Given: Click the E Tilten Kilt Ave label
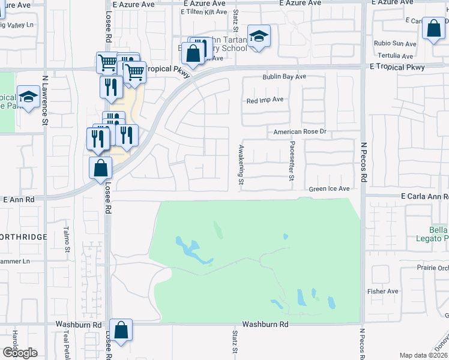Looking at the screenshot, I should [x=204, y=12].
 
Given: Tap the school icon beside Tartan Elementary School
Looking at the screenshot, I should [x=259, y=37].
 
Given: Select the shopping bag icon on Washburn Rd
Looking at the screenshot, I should [x=121, y=331].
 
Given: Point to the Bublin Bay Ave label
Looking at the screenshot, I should [x=284, y=77].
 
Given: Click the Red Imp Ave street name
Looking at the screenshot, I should [x=265, y=101].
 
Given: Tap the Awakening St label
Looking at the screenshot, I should [x=241, y=164].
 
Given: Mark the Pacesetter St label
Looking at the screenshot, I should [x=292, y=161].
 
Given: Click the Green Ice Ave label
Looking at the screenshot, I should [x=329, y=189].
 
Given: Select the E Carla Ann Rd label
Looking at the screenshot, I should [x=424, y=196].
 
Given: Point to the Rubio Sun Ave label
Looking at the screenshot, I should [x=395, y=44].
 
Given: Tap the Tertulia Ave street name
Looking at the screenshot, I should [x=399, y=56].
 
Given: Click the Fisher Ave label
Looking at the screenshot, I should [x=383, y=292].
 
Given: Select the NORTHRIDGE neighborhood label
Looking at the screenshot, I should [x=23, y=237].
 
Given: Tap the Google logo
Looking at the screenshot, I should [x=19, y=353].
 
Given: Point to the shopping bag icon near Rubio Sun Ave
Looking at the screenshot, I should [x=433, y=29].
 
